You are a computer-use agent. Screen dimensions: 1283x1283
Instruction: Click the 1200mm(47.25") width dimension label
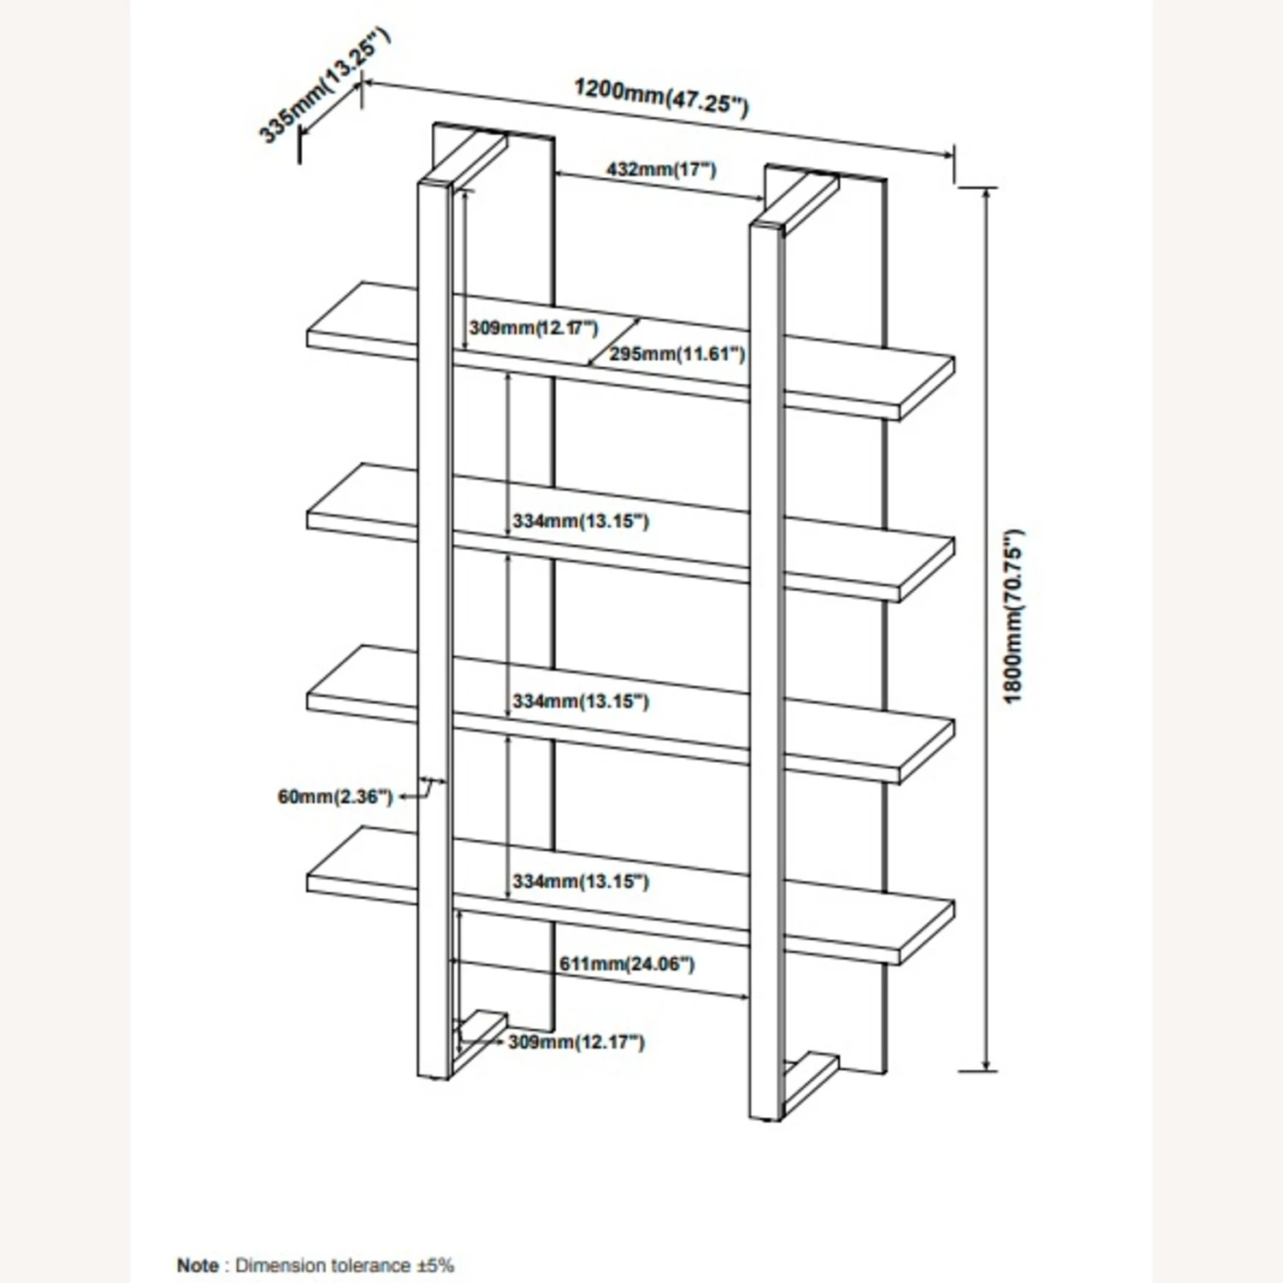point(661,96)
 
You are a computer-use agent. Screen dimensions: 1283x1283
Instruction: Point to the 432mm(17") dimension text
point(661,169)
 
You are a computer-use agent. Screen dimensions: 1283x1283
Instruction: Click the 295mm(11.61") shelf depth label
point(677,353)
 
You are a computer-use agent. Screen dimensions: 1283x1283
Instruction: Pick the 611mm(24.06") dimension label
point(627,964)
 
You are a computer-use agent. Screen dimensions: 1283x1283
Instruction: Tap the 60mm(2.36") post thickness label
point(334,796)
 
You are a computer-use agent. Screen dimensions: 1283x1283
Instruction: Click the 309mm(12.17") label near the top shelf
point(533,328)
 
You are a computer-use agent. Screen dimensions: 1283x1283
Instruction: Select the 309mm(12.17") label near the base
point(576,1042)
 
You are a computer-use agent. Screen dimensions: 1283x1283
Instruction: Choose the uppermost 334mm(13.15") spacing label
point(581,520)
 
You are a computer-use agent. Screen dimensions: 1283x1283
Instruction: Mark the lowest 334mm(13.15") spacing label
point(581,881)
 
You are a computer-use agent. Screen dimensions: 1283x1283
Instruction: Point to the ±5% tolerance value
point(435,1265)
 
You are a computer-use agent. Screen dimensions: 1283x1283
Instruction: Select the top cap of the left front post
point(434,183)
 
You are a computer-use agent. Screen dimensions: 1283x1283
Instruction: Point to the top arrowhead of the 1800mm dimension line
point(988,193)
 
